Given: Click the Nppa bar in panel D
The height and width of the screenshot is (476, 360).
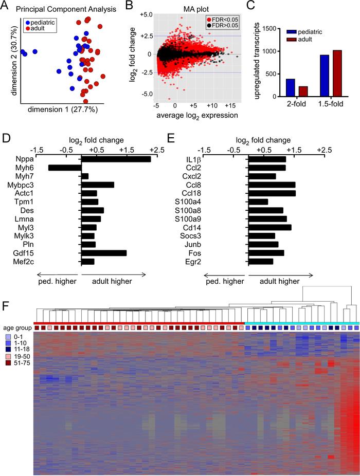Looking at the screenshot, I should tap(116, 159).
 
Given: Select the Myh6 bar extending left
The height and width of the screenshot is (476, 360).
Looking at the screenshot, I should tap(65, 168).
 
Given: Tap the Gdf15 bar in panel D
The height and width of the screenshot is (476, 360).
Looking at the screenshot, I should tap(104, 253).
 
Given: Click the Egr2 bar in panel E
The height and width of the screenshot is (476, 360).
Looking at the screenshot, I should tap(261, 262).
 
